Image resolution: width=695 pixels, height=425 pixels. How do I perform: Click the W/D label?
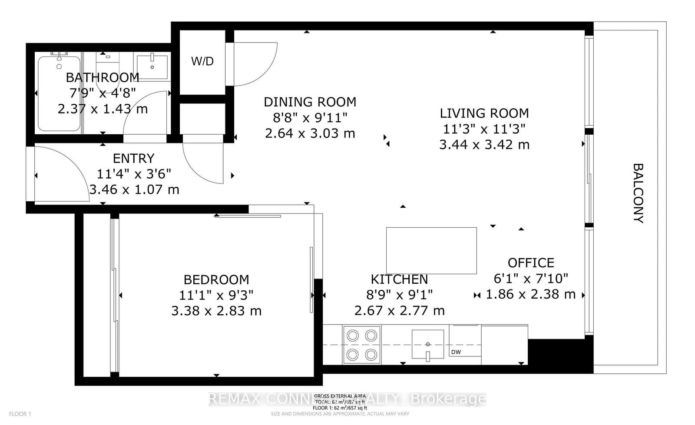coord(202,61)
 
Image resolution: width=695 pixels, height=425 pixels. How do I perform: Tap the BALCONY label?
coord(637,193)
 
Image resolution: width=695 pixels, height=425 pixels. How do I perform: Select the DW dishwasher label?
coord(456,352)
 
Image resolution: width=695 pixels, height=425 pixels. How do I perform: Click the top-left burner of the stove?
coord(353,335)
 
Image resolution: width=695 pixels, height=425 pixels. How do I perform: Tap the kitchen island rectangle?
coord(431,250)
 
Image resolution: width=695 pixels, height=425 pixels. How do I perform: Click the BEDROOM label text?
coord(216,279)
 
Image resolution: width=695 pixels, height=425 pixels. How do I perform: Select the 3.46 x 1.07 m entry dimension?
coord(134,189)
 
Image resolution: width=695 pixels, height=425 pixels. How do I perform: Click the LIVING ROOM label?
coord(484,113)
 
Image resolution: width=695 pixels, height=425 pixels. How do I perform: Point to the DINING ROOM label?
coord(310,102)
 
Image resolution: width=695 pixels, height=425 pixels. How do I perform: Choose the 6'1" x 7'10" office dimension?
coord(531,278)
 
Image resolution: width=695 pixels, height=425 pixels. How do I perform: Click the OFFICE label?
coord(531,262)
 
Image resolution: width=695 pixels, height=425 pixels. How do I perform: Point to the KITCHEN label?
coord(399,279)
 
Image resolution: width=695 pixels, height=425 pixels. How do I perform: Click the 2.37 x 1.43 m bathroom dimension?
coord(103,109)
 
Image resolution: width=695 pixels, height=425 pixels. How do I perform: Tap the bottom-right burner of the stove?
coord(371,355)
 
